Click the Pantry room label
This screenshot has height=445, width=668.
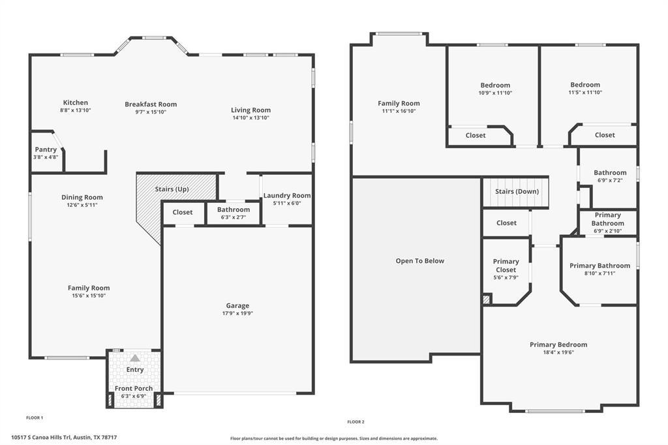coord(46,149)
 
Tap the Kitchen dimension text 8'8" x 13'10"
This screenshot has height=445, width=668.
coord(75,110)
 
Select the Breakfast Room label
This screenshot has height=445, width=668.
coord(151,104)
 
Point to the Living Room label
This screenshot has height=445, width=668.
coord(250,110)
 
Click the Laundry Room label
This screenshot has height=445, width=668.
coord(287,195)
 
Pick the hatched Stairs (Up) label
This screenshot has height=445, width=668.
coord(172,189)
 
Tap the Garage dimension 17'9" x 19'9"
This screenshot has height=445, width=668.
coord(237,313)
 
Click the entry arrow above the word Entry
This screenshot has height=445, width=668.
coord(134,358)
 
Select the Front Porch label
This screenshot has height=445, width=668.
coord(134,388)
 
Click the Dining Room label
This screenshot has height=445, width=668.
coord(82,197)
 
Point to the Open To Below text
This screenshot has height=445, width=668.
coord(419,261)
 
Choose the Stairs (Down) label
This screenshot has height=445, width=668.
coord(516,191)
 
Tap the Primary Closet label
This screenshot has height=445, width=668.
coord(506,266)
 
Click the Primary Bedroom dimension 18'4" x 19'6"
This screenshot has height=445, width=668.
coord(558,352)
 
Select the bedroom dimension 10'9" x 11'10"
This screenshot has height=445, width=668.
coord(495,93)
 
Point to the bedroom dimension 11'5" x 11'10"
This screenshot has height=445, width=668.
coord(584,93)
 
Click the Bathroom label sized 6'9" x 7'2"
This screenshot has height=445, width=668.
coord(610,172)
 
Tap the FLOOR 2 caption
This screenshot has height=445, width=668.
coord(356,422)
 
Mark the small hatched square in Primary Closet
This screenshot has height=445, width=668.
coord(486,299)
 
